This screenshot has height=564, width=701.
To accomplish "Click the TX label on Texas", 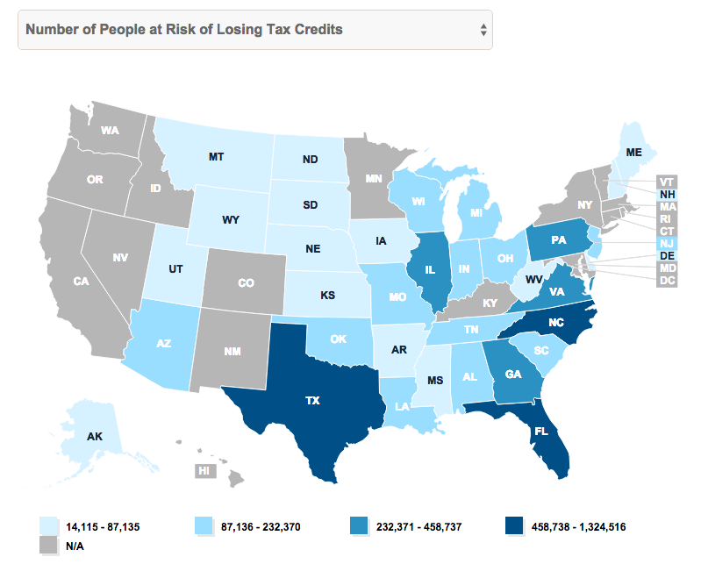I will (x=312, y=400).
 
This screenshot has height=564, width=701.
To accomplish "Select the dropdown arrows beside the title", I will (x=483, y=30).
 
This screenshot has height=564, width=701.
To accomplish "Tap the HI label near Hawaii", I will (x=205, y=471).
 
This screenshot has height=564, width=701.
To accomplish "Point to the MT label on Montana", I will (x=216, y=158).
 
